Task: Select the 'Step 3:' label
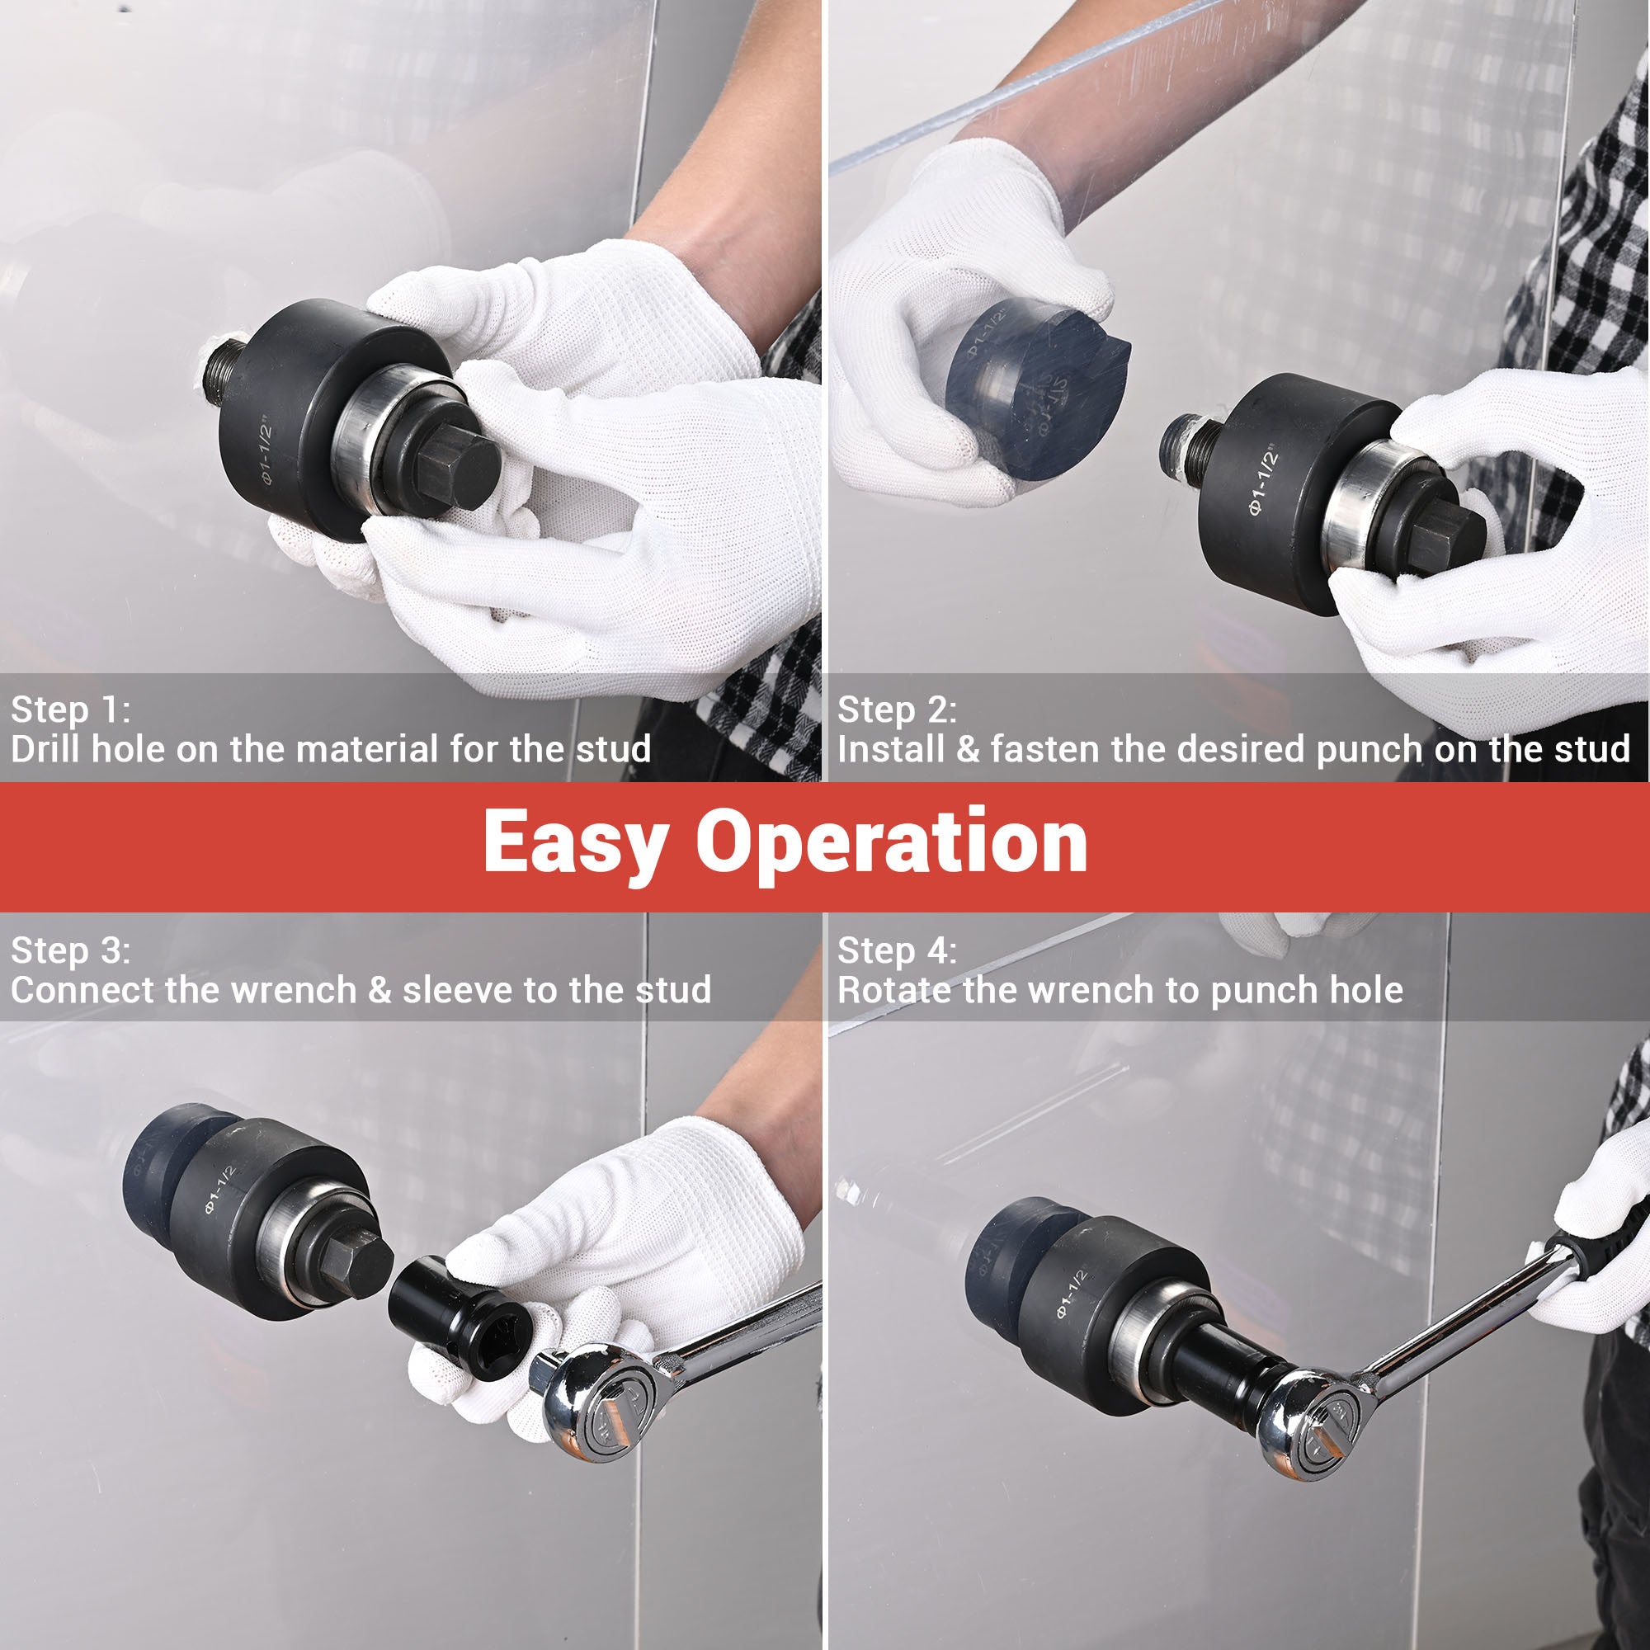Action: (70, 950)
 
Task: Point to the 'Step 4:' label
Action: (897, 950)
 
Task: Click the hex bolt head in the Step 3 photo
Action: (359, 1263)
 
